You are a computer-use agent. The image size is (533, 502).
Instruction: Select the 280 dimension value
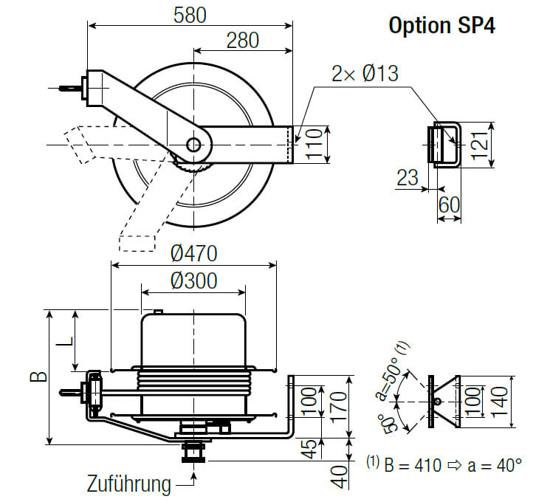pos(243,41)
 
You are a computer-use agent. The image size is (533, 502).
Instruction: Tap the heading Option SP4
pos(441,25)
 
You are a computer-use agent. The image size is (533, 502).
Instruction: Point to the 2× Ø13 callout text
pos(365,74)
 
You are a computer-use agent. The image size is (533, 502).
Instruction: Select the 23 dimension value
pos(407,178)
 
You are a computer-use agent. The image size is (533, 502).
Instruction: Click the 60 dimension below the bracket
pos(450,204)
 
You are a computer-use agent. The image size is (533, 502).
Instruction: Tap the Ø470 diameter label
pos(193,253)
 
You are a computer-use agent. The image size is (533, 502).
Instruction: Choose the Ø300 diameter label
pos(193,281)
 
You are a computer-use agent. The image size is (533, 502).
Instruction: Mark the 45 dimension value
pos(312,447)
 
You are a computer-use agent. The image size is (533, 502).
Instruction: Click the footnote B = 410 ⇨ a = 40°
pos(445,465)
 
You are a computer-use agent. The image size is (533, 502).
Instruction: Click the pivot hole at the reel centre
pos(193,145)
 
